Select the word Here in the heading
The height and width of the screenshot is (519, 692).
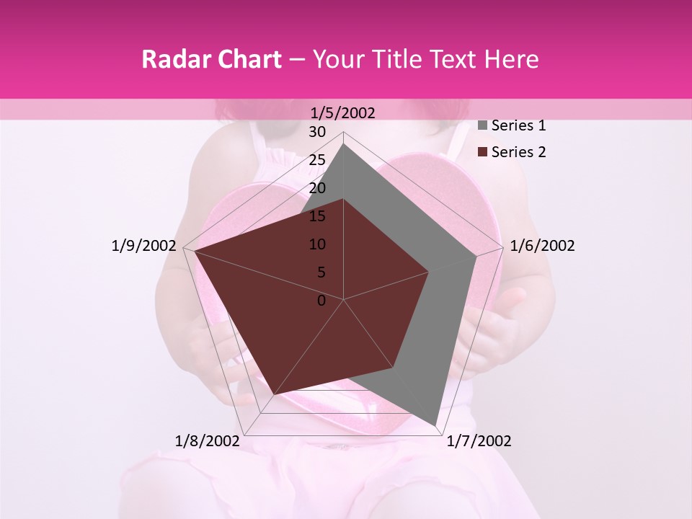511,59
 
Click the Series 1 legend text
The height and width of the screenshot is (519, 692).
518,125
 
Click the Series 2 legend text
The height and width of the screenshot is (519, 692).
518,152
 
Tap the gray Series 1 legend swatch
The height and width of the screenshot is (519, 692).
482,125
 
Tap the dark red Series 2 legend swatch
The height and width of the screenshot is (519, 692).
482,152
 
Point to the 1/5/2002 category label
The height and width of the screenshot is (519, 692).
343,112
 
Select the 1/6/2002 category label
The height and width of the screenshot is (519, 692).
542,246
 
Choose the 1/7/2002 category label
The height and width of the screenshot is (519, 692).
479,441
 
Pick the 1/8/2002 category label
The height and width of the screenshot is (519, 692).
208,441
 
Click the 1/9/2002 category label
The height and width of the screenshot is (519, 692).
143,246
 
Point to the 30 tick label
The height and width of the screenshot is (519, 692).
317,132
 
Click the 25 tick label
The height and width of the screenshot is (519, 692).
317,160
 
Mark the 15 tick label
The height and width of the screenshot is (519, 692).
317,216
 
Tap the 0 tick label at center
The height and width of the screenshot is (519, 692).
321,301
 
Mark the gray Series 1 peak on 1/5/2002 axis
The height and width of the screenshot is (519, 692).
343,144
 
